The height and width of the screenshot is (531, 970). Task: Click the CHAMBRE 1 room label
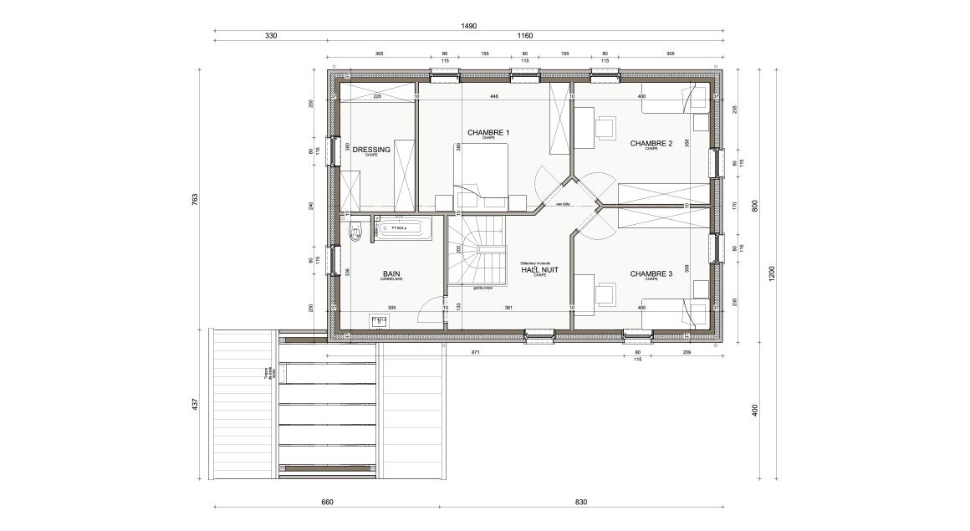point(488,132)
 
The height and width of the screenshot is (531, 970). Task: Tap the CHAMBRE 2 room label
point(651,143)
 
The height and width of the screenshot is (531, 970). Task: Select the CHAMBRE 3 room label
point(651,273)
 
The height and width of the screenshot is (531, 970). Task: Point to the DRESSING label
point(371,150)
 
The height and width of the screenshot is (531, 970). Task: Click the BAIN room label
point(391,273)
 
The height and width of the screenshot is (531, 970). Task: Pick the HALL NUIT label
point(539,269)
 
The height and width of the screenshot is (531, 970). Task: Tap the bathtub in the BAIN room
point(402,227)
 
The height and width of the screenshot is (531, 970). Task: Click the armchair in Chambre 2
point(604,126)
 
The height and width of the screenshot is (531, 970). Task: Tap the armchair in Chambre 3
point(604,294)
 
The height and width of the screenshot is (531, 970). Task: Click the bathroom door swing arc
point(433,309)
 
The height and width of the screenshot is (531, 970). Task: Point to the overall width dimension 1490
point(469,26)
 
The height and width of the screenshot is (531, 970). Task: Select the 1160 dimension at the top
point(525,36)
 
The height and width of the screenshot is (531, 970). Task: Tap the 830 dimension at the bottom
point(582,503)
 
